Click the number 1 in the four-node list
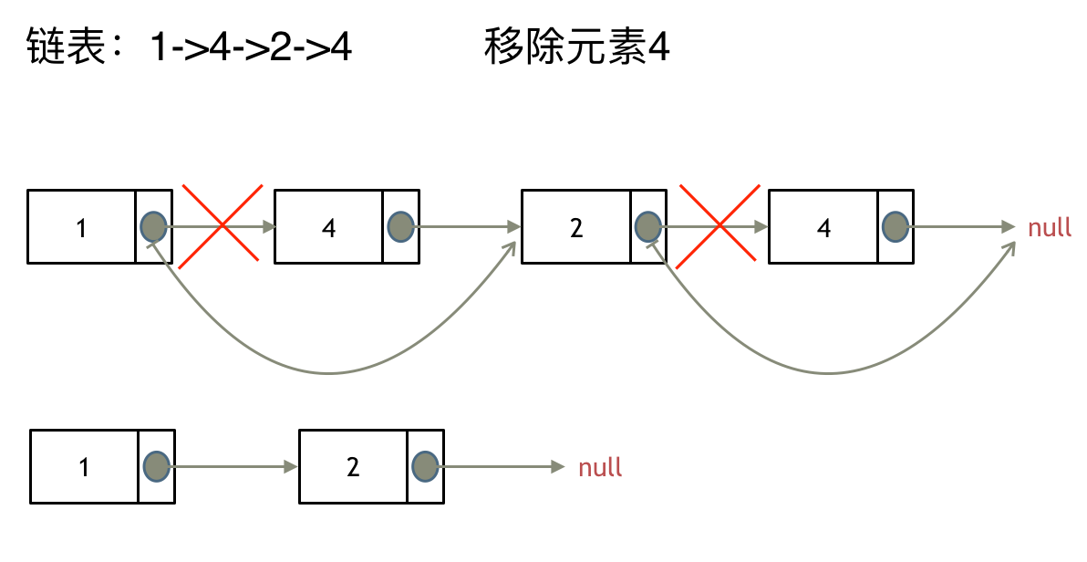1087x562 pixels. tap(81, 228)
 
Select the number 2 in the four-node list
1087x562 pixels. tap(575, 228)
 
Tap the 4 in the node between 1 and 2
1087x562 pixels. tap(328, 228)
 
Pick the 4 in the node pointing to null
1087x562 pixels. tap(823, 228)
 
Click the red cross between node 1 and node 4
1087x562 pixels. tap(222, 226)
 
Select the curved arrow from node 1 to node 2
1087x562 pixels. tap(328, 372)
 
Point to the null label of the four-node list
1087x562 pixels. tap(1050, 227)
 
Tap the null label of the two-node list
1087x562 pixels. tap(600, 468)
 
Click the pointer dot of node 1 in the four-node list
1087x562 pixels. tap(153, 226)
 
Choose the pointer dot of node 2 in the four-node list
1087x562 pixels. tap(647, 226)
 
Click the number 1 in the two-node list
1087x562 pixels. tap(84, 468)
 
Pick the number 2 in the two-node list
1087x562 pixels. tap(353, 468)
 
